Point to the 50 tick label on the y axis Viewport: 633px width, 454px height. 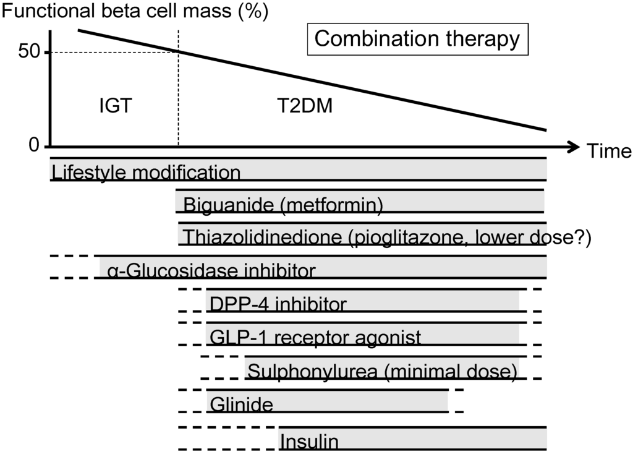pyautogui.click(x=29, y=52)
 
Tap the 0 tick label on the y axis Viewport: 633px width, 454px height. pyautogui.click(x=35, y=145)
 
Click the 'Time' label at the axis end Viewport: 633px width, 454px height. pyautogui.click(x=609, y=151)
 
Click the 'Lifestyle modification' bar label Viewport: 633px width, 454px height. pyautogui.click(x=147, y=172)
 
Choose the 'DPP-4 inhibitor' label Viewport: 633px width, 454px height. pyautogui.click(x=278, y=304)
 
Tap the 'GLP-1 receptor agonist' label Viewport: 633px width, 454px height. pyautogui.click(x=315, y=337)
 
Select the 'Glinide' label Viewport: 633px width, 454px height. pyautogui.click(x=241, y=405)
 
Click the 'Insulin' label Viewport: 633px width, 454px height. pyautogui.click(x=309, y=442)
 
